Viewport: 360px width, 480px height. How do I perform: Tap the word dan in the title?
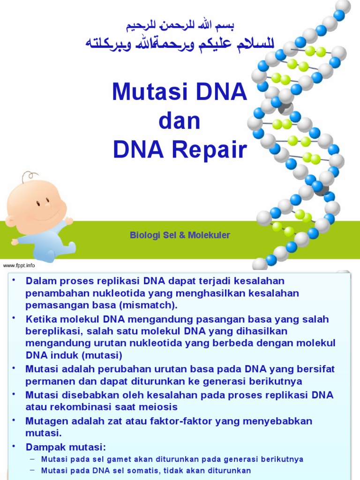180,121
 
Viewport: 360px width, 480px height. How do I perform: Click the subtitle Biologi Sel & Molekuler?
180,235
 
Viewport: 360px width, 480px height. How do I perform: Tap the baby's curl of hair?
29,177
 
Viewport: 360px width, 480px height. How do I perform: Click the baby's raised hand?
69,220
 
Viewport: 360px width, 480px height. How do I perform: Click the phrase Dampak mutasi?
66,446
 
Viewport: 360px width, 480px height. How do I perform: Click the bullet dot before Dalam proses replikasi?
14,280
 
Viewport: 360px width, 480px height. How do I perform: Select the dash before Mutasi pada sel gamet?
32,458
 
